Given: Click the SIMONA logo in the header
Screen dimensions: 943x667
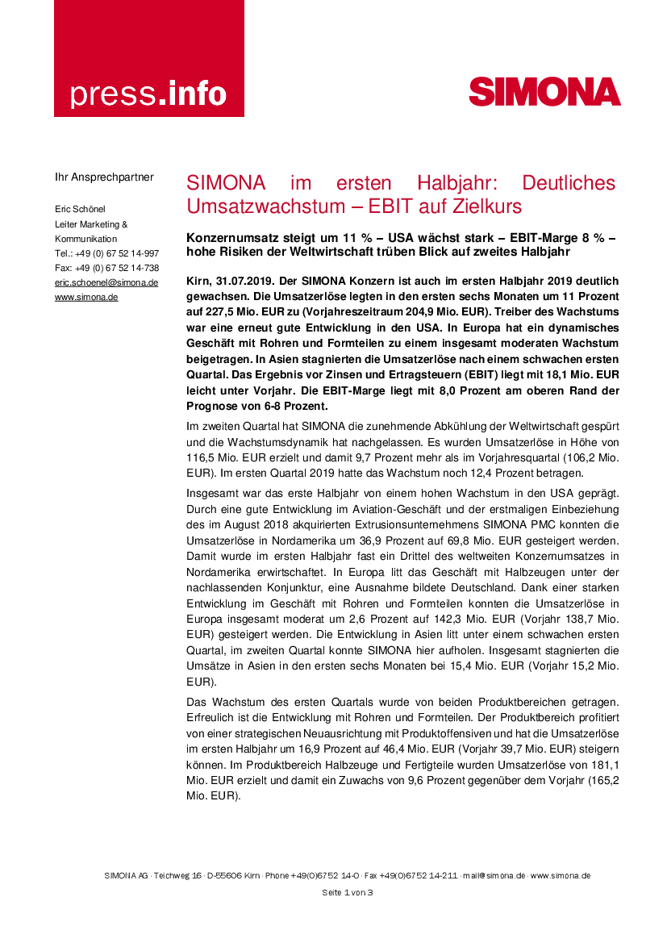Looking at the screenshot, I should click(544, 92).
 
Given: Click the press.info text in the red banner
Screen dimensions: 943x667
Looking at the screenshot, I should click(148, 94).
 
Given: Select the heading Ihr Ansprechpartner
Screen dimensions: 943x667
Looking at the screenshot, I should click(104, 177).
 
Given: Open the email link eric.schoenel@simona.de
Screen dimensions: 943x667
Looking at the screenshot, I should click(106, 282).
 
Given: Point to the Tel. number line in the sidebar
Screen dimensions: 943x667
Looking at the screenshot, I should click(106, 253).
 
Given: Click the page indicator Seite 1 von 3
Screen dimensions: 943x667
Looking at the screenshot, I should click(348, 892).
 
